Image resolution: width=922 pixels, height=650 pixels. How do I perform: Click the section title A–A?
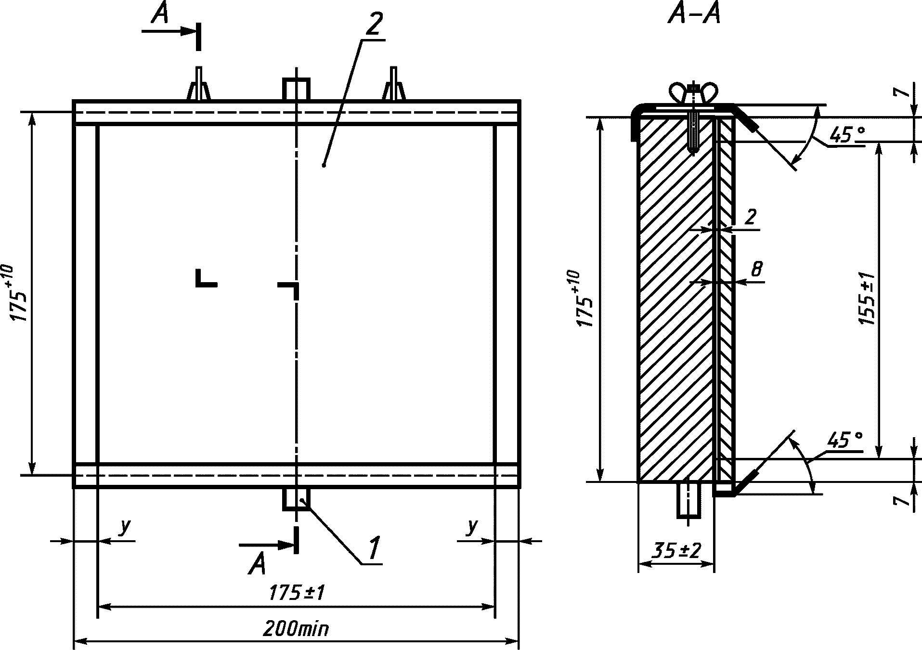694,15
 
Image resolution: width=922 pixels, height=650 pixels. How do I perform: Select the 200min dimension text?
296,629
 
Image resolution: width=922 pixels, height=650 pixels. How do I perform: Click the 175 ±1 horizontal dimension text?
296,593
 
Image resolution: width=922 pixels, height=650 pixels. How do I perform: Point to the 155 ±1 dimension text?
868,299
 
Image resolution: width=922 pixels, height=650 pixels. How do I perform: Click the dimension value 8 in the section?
756,269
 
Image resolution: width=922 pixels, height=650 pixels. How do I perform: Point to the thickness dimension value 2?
750,218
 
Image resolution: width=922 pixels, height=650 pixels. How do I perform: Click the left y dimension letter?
124,527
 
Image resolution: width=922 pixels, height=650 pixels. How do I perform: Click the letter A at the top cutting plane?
160,14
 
